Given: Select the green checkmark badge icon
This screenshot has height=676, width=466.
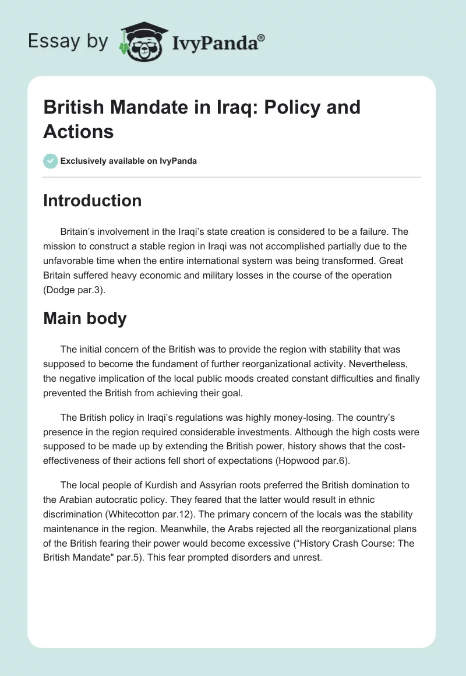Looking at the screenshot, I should click(x=51, y=161).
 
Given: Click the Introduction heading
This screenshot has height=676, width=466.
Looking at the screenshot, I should click(x=92, y=201).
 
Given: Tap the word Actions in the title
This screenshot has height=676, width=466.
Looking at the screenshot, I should click(x=78, y=131).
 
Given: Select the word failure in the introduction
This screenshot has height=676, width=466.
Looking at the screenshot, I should click(x=355, y=231).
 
